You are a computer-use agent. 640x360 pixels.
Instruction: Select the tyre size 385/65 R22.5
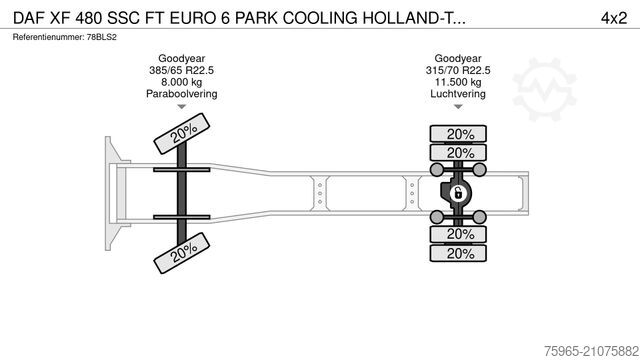181,71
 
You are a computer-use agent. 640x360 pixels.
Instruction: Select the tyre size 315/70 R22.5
459,71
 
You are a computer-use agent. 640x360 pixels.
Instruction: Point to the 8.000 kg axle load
181,83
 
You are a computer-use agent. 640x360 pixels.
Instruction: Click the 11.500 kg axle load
459,83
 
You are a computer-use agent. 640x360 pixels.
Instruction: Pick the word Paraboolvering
181,94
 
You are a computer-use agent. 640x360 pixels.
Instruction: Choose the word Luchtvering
459,94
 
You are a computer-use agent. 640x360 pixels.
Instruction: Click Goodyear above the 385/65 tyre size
181,59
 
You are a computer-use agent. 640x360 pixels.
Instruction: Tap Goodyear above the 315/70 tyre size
459,59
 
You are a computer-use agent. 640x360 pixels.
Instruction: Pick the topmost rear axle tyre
459,134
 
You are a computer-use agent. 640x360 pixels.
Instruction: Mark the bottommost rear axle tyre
459,254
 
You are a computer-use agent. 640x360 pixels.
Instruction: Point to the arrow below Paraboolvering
181,107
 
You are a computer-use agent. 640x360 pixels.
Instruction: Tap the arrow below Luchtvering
459,107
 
